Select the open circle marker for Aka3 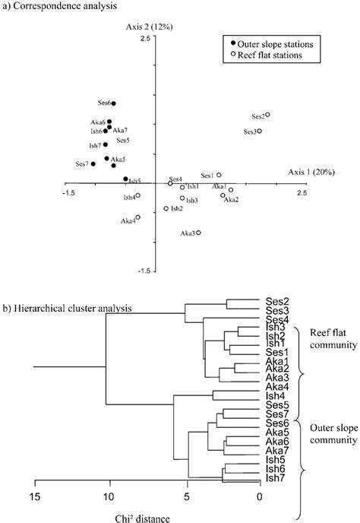[198, 233]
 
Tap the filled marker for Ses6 [114, 103]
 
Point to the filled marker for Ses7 [93, 164]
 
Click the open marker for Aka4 [138, 217]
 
